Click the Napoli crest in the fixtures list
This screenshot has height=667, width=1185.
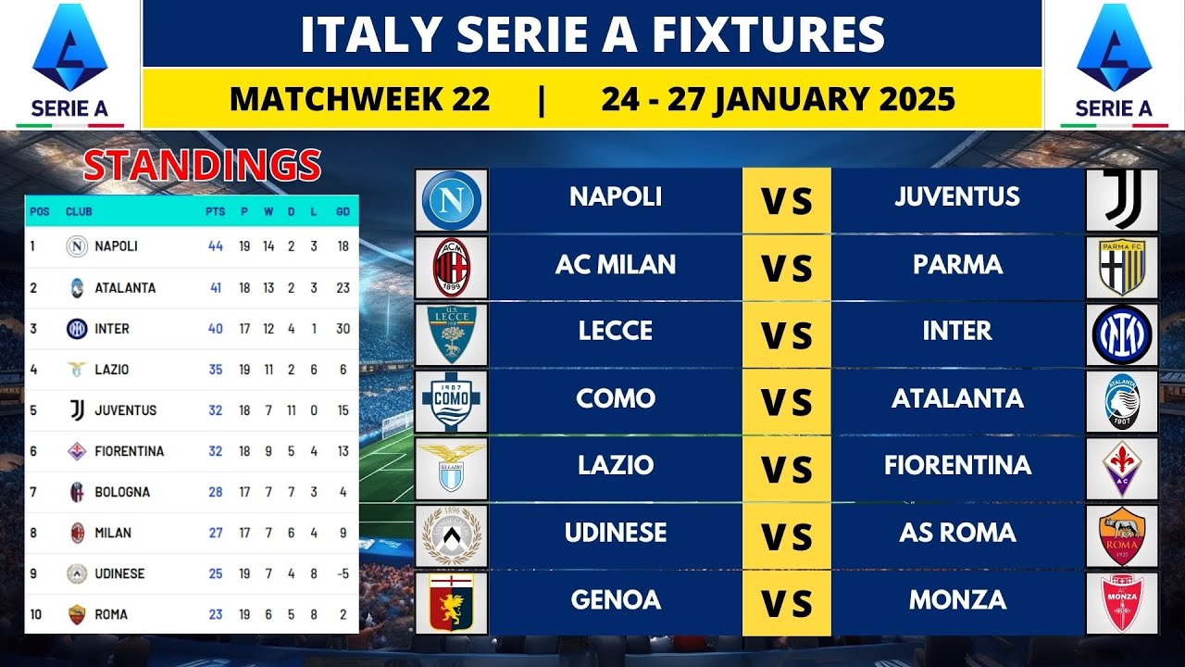[452, 200]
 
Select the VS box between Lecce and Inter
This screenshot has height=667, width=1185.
[787, 335]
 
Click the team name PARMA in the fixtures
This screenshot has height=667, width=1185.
[957, 265]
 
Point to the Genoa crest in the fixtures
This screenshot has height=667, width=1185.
[452, 602]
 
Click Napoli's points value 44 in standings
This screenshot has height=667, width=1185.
[216, 246]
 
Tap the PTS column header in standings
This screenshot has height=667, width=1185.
[216, 211]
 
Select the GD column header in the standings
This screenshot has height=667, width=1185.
[343, 211]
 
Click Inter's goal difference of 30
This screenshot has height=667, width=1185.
[343, 329]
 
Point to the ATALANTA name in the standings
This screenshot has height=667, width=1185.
[125, 288]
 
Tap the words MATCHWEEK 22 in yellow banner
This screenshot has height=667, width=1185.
[359, 98]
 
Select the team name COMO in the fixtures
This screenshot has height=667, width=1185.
[616, 398]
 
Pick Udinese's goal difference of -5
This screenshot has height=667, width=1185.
[343, 573]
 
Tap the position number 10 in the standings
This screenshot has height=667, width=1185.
[35, 614]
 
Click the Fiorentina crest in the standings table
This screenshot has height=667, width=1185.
[77, 451]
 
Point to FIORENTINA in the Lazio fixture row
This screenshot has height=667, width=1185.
[957, 465]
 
